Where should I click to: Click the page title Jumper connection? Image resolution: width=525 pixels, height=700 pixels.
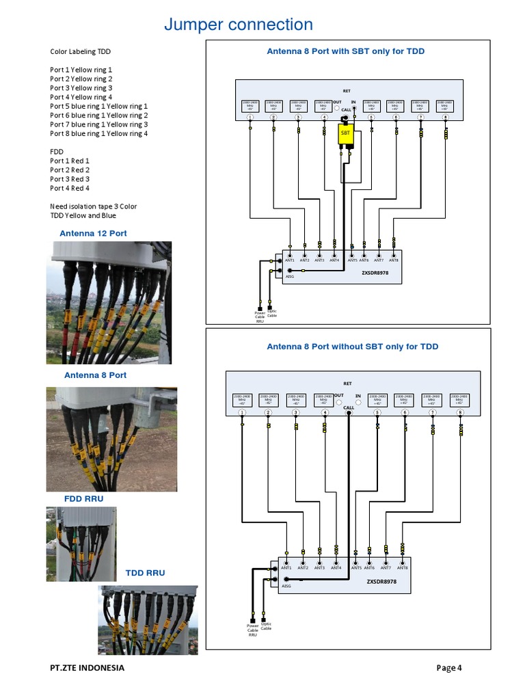pyautogui.click(x=238, y=25)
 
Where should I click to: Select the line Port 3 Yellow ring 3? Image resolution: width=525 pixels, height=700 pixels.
pyautogui.click(x=81, y=88)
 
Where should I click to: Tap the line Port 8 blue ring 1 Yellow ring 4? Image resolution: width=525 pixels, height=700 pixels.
pyautogui.click(x=98, y=133)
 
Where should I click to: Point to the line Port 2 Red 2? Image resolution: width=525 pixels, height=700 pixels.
pyautogui.click(x=70, y=170)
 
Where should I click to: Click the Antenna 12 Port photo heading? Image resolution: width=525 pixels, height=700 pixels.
pyautogui.click(x=93, y=234)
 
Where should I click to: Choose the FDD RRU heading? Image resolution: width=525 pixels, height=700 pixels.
pyautogui.click(x=83, y=499)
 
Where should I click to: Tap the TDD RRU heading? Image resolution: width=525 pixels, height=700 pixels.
pyautogui.click(x=145, y=573)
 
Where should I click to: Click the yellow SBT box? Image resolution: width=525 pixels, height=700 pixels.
pyautogui.click(x=345, y=135)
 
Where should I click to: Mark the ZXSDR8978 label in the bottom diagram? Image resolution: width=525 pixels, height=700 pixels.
pyautogui.click(x=381, y=582)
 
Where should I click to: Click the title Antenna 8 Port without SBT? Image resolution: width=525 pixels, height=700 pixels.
pyautogui.click(x=352, y=347)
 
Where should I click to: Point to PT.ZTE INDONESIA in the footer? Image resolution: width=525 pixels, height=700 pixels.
pyautogui.click(x=87, y=668)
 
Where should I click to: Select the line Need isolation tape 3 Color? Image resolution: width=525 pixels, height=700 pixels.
pyautogui.click(x=93, y=206)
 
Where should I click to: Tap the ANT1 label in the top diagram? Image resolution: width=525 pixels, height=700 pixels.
pyautogui.click(x=290, y=260)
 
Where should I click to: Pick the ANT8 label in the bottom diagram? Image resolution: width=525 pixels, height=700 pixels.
pyautogui.click(x=402, y=568)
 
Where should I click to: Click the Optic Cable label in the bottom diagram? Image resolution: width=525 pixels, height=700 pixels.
pyautogui.click(x=266, y=626)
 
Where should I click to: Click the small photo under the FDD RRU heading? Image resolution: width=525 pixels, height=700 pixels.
pyautogui.click(x=81, y=540)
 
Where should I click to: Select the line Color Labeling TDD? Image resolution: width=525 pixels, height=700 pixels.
pyautogui.click(x=80, y=52)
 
